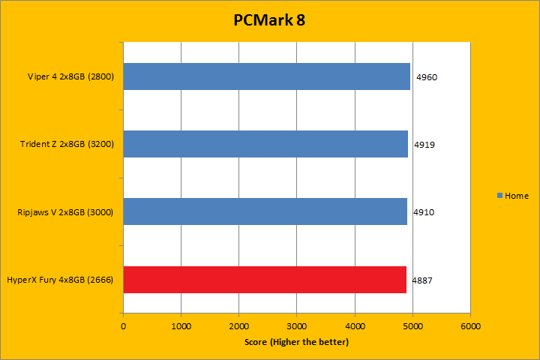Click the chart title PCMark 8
[269, 20]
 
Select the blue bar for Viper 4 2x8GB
[266, 76]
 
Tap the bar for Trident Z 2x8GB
[265, 144]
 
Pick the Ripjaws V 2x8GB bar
[265, 211]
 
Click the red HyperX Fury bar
[264, 280]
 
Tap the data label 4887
[421, 280]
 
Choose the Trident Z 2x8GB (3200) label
[67, 144]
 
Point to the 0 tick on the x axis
[124, 326]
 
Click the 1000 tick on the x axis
[181, 326]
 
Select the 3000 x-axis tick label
[297, 326]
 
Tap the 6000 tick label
[470, 326]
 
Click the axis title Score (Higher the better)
[296, 342]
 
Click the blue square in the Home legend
[500, 196]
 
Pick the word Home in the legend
[517, 196]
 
